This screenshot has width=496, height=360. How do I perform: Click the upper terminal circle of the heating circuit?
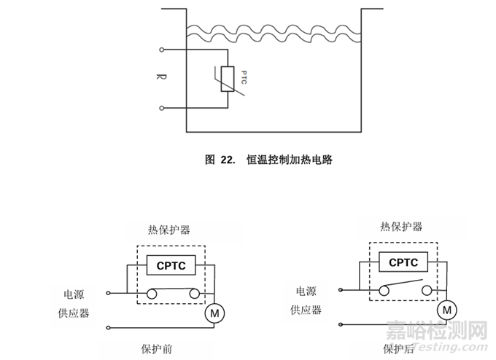[160, 51]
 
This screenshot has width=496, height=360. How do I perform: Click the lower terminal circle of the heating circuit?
[160, 109]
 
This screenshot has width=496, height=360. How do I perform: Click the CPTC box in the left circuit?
[171, 266]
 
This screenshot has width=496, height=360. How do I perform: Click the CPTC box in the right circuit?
[403, 263]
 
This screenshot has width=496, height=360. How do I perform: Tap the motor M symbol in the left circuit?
[214, 313]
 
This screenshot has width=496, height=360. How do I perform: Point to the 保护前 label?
[156, 348]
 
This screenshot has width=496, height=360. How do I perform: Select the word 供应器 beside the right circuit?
[306, 310]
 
